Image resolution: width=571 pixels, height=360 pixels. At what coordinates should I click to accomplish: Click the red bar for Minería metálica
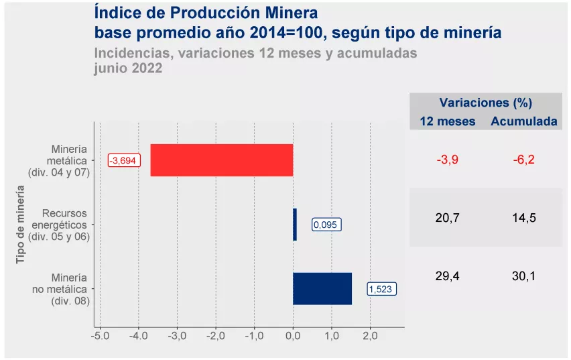coord(222,160)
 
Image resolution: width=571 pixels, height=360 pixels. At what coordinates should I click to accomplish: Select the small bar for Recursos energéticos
coord(295,225)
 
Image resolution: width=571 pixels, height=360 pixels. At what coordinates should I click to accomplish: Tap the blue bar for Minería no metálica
coord(322,289)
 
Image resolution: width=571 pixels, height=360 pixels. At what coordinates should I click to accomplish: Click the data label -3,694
coord(124,161)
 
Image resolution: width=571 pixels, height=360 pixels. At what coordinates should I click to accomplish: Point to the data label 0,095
coord(326,225)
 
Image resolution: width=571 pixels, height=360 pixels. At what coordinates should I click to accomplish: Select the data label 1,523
coord(382,290)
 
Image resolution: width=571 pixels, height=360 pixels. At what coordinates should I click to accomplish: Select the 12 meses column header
coord(448,121)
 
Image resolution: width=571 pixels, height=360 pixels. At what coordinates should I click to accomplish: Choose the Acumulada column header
coord(524,121)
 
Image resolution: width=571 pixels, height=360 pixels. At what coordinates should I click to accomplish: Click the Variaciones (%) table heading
coord(486,103)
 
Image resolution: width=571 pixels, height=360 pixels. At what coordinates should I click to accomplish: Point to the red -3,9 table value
coord(448,160)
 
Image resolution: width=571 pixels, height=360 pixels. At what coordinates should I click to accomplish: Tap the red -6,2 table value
coord(523,160)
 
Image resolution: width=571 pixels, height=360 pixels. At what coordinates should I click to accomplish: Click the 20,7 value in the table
coord(448,218)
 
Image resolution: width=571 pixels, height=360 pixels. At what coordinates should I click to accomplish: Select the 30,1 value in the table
coord(523,276)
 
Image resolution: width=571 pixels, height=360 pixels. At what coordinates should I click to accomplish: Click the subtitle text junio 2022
coord(129,68)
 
